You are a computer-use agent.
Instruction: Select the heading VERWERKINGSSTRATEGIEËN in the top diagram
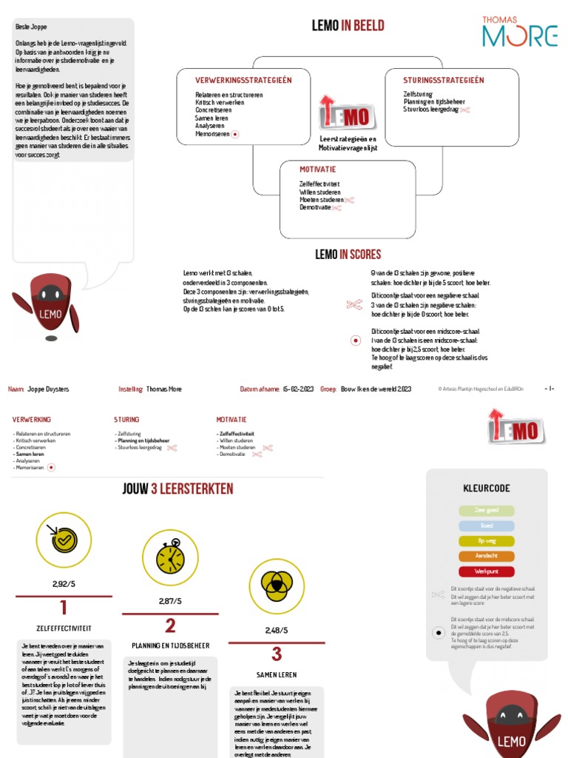click(x=243, y=80)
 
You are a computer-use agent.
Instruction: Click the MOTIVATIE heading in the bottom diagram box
click(x=318, y=170)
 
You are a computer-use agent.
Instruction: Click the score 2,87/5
click(x=170, y=601)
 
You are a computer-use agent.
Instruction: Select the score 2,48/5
click(x=277, y=631)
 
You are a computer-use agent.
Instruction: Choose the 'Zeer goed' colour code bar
click(x=487, y=511)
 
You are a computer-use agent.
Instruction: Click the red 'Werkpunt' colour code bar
click(x=487, y=572)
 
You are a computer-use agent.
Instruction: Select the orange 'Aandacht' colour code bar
click(x=487, y=557)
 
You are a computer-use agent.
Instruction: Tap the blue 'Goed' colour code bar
click(x=487, y=526)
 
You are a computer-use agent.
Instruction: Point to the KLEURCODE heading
click(x=487, y=489)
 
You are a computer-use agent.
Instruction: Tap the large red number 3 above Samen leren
click(x=277, y=654)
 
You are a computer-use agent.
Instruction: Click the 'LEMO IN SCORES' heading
click(x=348, y=255)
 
